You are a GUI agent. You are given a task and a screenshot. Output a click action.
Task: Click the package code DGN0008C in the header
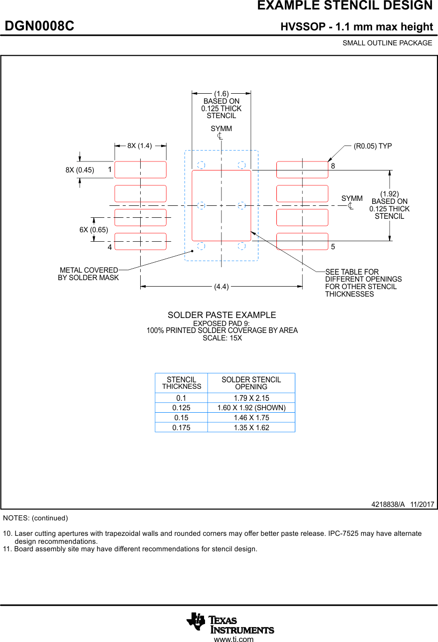click(39, 26)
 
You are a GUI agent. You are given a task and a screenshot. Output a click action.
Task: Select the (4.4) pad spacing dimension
click(221, 287)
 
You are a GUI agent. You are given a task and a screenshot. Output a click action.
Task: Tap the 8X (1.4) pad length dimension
click(139, 146)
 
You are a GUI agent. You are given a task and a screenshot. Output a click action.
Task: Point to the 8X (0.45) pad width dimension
click(80, 170)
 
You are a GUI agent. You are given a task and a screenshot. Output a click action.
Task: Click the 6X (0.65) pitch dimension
click(94, 230)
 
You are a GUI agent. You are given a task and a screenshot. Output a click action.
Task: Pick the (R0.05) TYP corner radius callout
click(373, 146)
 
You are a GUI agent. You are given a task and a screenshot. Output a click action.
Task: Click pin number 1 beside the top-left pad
click(109, 169)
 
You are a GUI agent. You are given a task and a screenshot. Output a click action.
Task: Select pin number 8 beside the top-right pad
click(333, 165)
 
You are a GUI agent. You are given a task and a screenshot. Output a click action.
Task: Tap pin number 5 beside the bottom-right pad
click(333, 247)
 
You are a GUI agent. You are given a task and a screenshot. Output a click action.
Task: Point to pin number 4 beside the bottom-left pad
click(109, 247)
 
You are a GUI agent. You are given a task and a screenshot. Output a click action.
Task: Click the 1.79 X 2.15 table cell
click(251, 398)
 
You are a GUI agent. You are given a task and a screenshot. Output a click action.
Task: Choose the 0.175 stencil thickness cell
click(181, 427)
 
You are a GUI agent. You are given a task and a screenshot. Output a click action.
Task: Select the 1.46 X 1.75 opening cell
click(251, 418)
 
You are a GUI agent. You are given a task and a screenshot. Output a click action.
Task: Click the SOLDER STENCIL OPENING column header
click(251, 383)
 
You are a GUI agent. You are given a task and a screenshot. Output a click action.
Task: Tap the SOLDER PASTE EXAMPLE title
click(221, 315)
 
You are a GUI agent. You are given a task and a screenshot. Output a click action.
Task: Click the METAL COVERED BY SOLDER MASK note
click(89, 274)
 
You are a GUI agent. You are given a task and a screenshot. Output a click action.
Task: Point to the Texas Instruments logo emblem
click(196, 622)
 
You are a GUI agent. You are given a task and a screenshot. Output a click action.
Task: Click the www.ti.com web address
click(233, 639)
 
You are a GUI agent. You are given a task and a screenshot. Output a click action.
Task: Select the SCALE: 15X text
click(222, 338)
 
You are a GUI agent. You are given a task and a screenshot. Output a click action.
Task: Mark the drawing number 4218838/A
click(388, 504)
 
